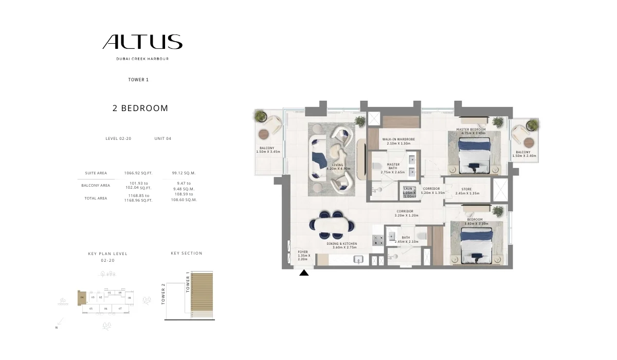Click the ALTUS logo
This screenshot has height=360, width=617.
142,42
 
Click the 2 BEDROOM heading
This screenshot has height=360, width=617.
140,109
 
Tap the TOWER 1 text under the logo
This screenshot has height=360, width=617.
138,80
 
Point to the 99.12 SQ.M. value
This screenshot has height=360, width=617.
184,173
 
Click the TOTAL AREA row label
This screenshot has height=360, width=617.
96,198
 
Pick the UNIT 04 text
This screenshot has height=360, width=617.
162,138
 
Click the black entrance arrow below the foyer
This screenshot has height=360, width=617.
304,273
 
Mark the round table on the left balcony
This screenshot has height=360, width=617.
264,134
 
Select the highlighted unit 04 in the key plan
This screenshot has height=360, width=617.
82,297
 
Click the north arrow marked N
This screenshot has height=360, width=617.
60,323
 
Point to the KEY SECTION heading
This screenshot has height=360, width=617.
187,253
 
